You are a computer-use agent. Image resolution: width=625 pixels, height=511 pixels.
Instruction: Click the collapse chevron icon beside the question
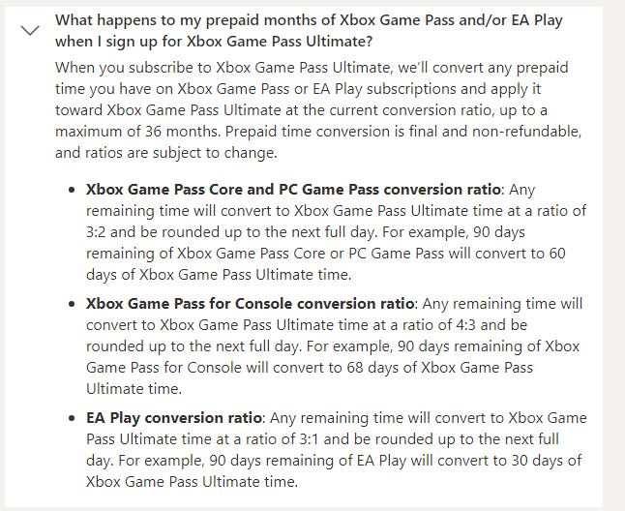[30, 30]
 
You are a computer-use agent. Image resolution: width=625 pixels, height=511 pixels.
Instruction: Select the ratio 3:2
[96, 232]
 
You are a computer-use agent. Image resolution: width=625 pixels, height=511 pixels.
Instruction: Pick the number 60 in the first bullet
[557, 254]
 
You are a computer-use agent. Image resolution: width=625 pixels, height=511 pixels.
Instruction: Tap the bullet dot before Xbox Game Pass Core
[72, 190]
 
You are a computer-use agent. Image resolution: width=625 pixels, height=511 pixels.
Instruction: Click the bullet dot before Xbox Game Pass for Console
[72, 305]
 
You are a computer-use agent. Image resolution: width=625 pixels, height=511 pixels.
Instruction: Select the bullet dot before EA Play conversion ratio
[72, 418]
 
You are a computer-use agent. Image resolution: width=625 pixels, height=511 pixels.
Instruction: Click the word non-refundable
[526, 132]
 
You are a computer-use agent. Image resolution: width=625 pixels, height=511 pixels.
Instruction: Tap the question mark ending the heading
[368, 41]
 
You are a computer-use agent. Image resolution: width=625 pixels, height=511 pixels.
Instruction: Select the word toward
[78, 110]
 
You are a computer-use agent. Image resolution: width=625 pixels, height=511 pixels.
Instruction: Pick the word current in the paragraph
[353, 110]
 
